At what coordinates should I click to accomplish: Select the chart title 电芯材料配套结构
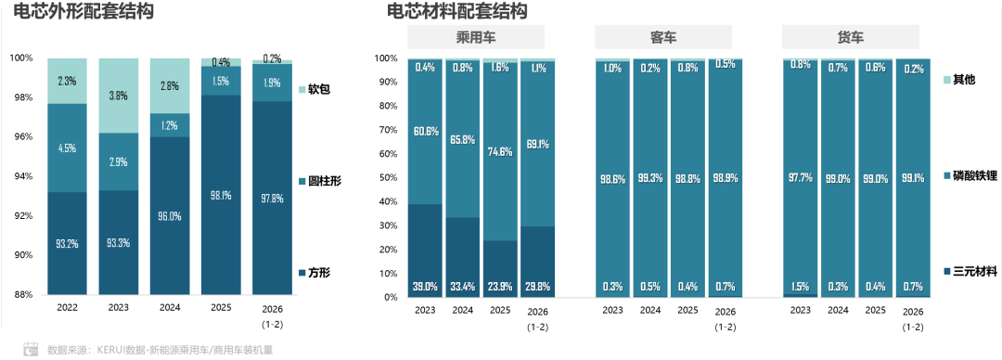[x=456, y=12]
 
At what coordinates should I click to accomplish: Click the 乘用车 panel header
[x=476, y=38]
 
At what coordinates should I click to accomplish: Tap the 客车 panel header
[x=663, y=38]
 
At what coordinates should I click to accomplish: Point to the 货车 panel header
[x=851, y=38]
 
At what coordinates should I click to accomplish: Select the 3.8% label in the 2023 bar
[x=118, y=96]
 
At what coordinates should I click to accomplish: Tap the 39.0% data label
[x=426, y=286]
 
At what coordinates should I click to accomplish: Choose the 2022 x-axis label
[x=67, y=306]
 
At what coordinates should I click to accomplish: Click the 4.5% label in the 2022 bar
[x=67, y=147]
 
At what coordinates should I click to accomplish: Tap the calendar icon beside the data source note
[x=31, y=350]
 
